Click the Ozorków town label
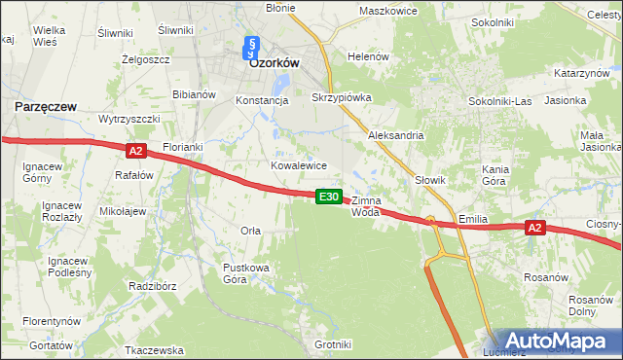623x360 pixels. click(x=274, y=61)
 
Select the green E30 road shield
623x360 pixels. click(x=329, y=197)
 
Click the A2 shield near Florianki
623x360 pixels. click(x=135, y=150)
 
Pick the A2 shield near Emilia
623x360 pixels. click(x=533, y=228)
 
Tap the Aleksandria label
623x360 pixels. click(x=395, y=136)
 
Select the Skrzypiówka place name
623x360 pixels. click(x=342, y=99)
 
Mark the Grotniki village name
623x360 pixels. click(x=333, y=344)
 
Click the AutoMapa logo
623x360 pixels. click(x=560, y=341)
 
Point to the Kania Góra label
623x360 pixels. click(x=496, y=175)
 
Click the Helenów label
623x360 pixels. click(x=369, y=56)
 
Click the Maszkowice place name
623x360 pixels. click(x=387, y=11)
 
